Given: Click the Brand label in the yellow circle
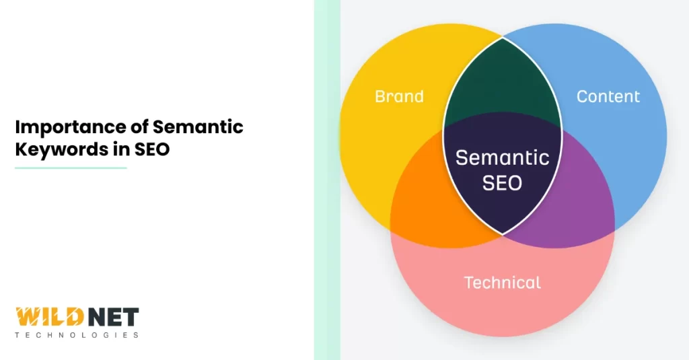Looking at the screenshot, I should tap(399, 96).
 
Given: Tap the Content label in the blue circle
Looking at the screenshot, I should tap(608, 96).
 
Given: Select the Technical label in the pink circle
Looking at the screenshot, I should tap(502, 283).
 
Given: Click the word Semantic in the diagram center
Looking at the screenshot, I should tap(502, 157).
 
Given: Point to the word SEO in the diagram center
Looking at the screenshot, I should tap(502, 182).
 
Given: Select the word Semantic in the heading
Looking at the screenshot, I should tap(198, 127).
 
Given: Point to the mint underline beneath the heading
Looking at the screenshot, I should tap(70, 168).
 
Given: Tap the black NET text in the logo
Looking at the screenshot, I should tap(116, 317).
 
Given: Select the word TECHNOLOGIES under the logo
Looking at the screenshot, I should tap(77, 334).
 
